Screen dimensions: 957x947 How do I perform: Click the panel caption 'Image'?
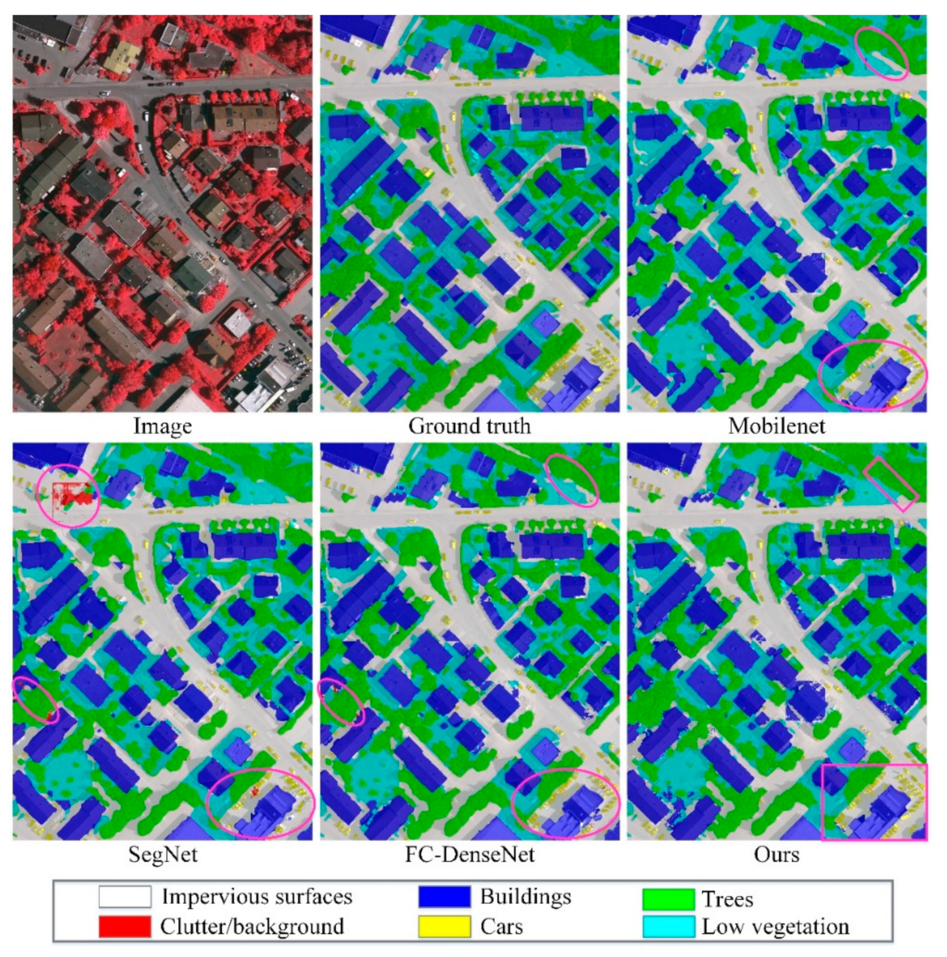pyautogui.click(x=162, y=426)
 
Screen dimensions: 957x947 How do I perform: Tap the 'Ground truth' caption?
pyautogui.click(x=469, y=426)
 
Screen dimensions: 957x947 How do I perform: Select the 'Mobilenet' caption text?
pyautogui.click(x=777, y=426)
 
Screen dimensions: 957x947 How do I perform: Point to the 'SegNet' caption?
pyautogui.click(x=162, y=854)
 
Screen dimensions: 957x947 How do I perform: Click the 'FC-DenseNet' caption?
pyautogui.click(x=469, y=854)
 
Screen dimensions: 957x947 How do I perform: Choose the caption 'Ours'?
pyautogui.click(x=777, y=854)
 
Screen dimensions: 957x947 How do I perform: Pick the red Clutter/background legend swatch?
pyautogui.click(x=125, y=926)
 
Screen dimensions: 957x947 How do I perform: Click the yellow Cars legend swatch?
pyautogui.click(x=444, y=926)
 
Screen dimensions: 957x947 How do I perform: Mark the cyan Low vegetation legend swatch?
pyautogui.click(x=669, y=926)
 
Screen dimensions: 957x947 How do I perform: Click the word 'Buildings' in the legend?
pyautogui.click(x=525, y=896)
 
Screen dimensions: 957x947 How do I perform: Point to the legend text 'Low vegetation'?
pyautogui.click(x=775, y=926)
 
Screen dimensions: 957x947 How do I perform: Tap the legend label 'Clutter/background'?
pyautogui.click(x=252, y=926)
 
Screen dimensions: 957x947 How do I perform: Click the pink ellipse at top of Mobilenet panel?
pyautogui.click(x=883, y=53)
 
